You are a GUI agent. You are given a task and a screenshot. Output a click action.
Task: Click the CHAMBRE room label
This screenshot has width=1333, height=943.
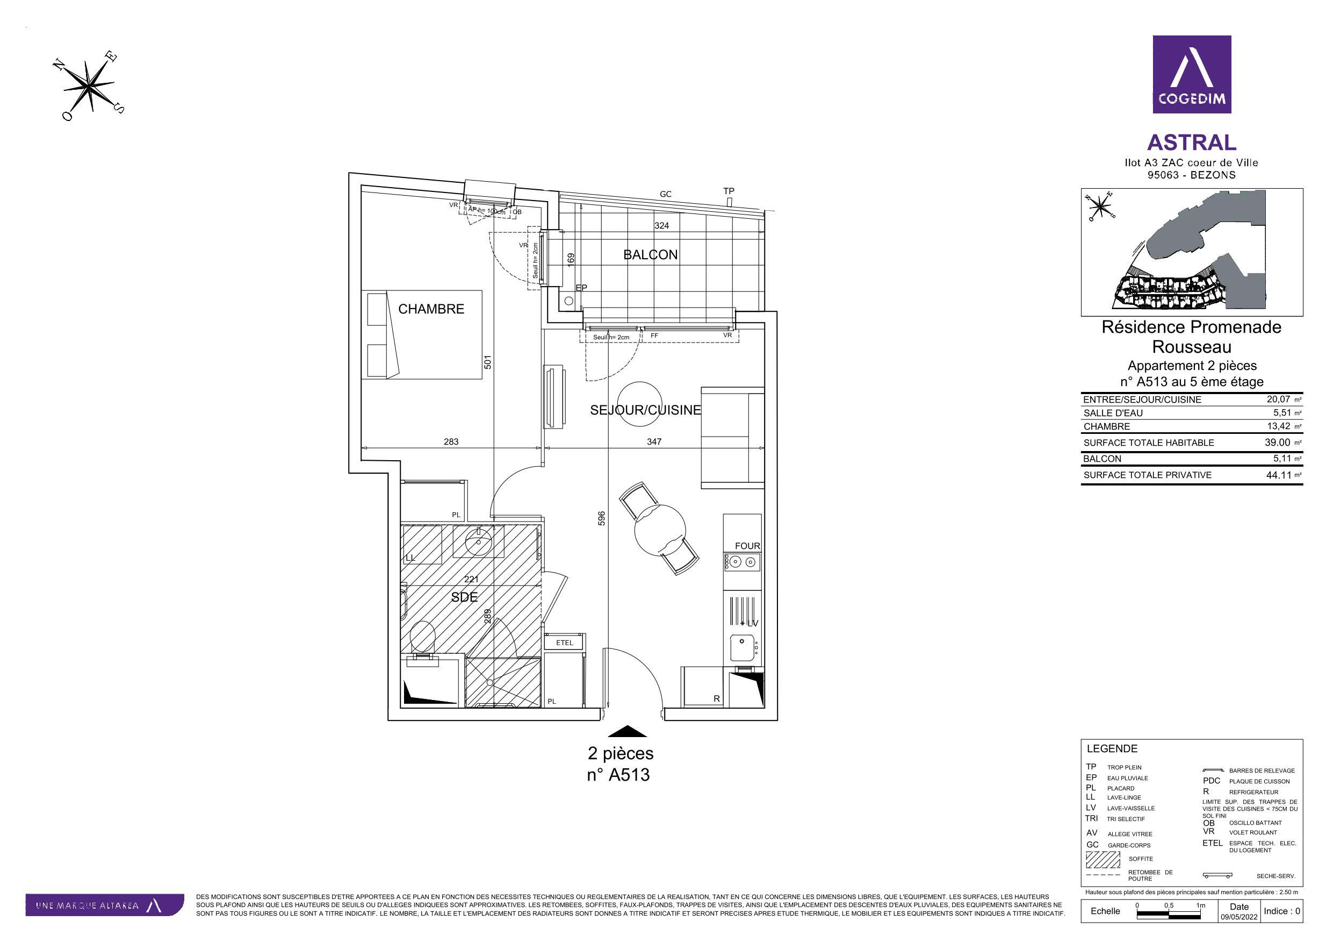tap(431, 309)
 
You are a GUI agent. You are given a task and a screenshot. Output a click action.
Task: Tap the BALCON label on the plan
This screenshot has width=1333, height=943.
tap(650, 254)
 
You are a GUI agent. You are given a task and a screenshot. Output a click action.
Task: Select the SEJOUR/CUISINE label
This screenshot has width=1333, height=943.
tap(645, 410)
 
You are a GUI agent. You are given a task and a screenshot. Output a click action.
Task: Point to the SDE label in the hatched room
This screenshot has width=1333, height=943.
tap(464, 597)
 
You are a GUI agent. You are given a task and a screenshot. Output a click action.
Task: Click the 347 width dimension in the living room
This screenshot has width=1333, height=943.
tap(654, 441)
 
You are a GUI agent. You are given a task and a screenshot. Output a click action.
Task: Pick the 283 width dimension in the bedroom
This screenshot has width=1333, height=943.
tap(451, 441)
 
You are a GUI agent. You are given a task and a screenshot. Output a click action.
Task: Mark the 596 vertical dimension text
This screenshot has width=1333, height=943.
tap(601, 519)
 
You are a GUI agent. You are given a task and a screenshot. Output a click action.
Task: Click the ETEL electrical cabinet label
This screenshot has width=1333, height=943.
tap(564, 642)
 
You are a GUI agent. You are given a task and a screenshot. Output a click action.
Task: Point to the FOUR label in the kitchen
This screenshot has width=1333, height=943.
tap(747, 546)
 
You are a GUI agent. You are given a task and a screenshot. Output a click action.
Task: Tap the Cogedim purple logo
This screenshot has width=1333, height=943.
tap(1191, 74)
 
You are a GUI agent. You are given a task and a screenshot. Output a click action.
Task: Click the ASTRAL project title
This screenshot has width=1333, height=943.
tap(1191, 142)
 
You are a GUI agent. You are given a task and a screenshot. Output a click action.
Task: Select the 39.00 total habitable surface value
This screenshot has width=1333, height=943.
tap(1277, 442)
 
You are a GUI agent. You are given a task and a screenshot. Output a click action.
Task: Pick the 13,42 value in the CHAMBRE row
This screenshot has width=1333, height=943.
tap(1277, 426)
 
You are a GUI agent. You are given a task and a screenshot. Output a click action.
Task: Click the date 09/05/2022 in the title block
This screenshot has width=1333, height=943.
tap(1239, 933)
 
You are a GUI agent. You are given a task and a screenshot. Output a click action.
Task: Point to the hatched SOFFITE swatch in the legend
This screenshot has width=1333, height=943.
tap(1103, 859)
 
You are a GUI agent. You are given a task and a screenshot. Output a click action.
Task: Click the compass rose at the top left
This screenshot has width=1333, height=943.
tap(91, 86)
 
